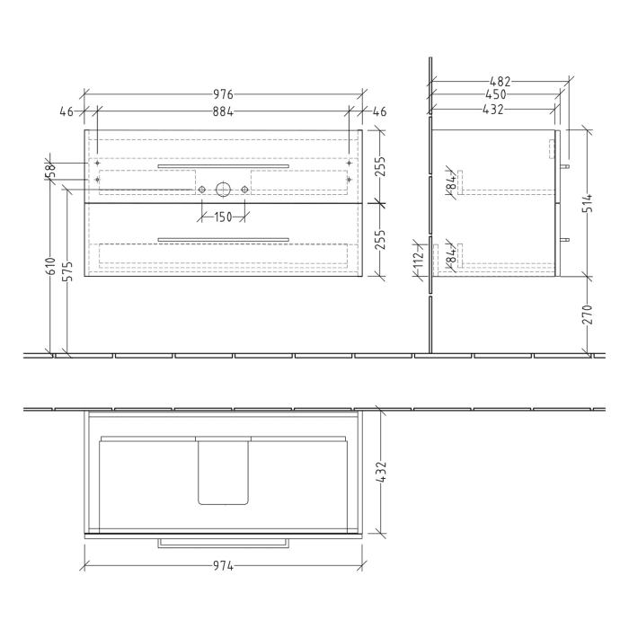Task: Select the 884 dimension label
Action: pyautogui.click(x=223, y=112)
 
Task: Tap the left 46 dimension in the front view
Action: pyautogui.click(x=66, y=112)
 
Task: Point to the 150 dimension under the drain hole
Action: pyautogui.click(x=223, y=217)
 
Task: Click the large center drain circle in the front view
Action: pyautogui.click(x=222, y=190)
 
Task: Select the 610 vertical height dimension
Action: pyautogui.click(x=52, y=266)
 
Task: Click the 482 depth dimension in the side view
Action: pyautogui.click(x=497, y=82)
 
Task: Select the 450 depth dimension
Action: pyautogui.click(x=495, y=94)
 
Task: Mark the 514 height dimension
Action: pyautogui.click(x=588, y=203)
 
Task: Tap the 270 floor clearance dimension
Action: pyautogui.click(x=588, y=314)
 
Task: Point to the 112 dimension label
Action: pyautogui.click(x=419, y=260)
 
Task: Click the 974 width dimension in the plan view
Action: pyautogui.click(x=223, y=566)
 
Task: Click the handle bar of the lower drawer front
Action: pyautogui.click(x=223, y=239)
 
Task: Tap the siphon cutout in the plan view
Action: pyautogui.click(x=222, y=472)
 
